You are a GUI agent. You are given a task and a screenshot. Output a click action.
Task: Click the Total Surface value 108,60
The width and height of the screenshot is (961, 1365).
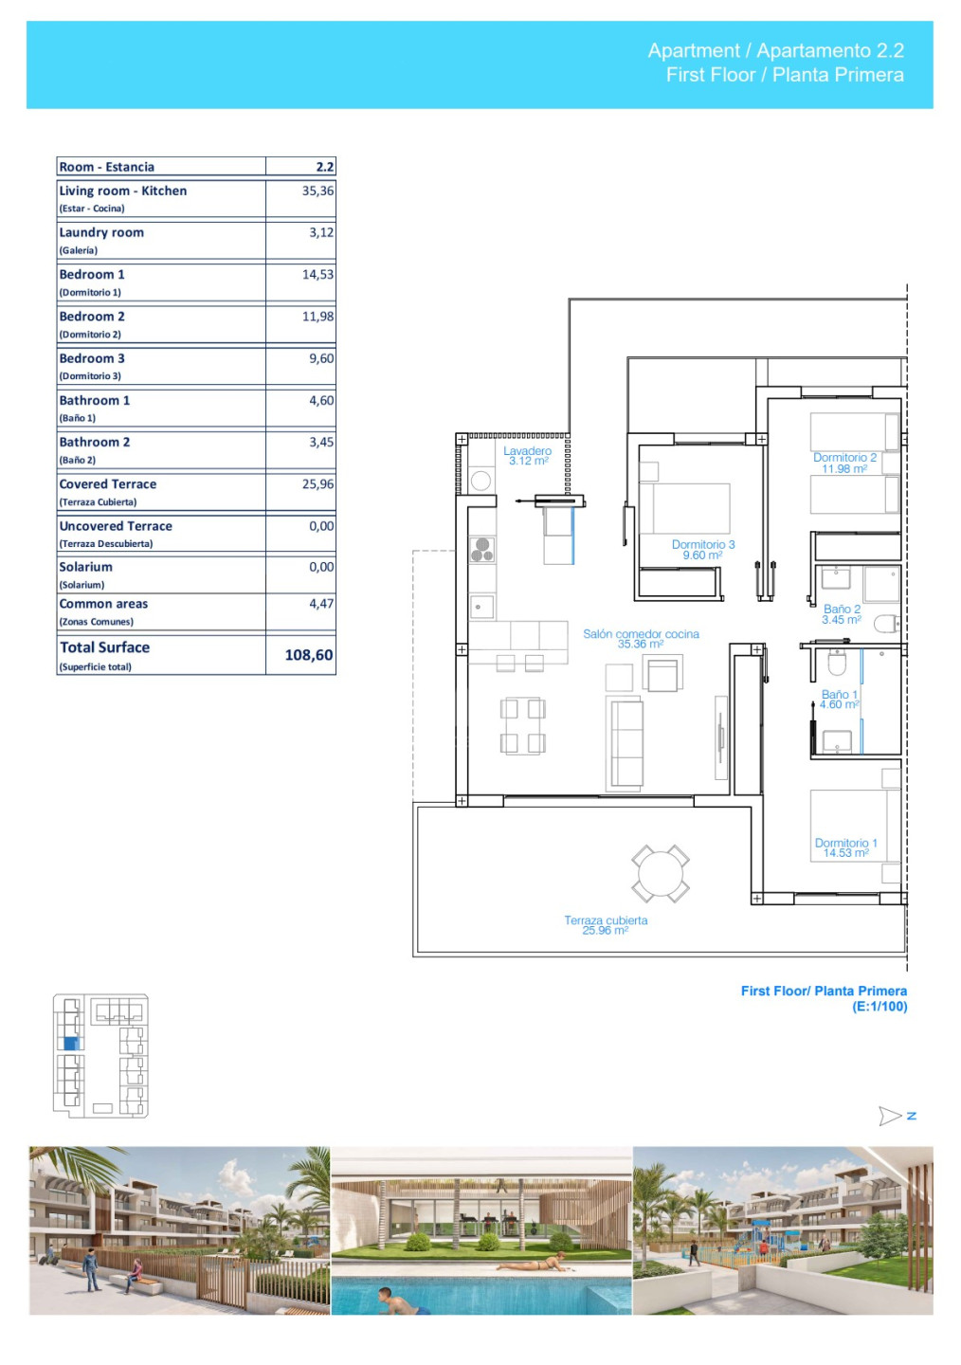309,655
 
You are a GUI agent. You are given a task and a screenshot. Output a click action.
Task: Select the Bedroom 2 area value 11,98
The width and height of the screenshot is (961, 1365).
318,317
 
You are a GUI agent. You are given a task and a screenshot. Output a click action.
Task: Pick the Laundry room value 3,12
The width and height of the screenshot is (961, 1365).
321,232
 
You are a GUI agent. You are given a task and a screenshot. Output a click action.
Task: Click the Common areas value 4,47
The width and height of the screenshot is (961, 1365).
321,603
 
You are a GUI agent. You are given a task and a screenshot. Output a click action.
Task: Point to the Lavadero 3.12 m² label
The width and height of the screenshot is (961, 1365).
528,456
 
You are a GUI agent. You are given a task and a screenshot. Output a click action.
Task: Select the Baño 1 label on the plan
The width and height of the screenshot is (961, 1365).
839,700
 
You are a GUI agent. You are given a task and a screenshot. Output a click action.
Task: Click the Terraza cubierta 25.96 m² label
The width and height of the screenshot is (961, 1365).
606,925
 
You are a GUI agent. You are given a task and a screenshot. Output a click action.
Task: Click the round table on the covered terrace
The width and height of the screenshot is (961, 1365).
661,873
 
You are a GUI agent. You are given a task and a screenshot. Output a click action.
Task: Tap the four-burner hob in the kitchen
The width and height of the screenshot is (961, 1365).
481,549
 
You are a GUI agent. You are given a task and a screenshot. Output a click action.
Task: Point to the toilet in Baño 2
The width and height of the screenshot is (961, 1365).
886,624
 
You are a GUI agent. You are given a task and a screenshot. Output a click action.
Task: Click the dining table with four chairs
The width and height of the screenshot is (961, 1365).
523,726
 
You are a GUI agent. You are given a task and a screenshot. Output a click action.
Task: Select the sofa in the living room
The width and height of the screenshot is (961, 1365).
626,743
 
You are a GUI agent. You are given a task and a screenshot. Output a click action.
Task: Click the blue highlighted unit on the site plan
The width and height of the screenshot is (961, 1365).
72,1043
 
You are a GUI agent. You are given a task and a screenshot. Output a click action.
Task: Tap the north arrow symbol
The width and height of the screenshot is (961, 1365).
890,1116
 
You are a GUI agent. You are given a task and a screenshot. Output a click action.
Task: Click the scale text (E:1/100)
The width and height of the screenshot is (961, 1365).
879,1006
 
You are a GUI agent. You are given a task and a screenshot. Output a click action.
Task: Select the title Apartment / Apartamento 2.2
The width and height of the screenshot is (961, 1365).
776,50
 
